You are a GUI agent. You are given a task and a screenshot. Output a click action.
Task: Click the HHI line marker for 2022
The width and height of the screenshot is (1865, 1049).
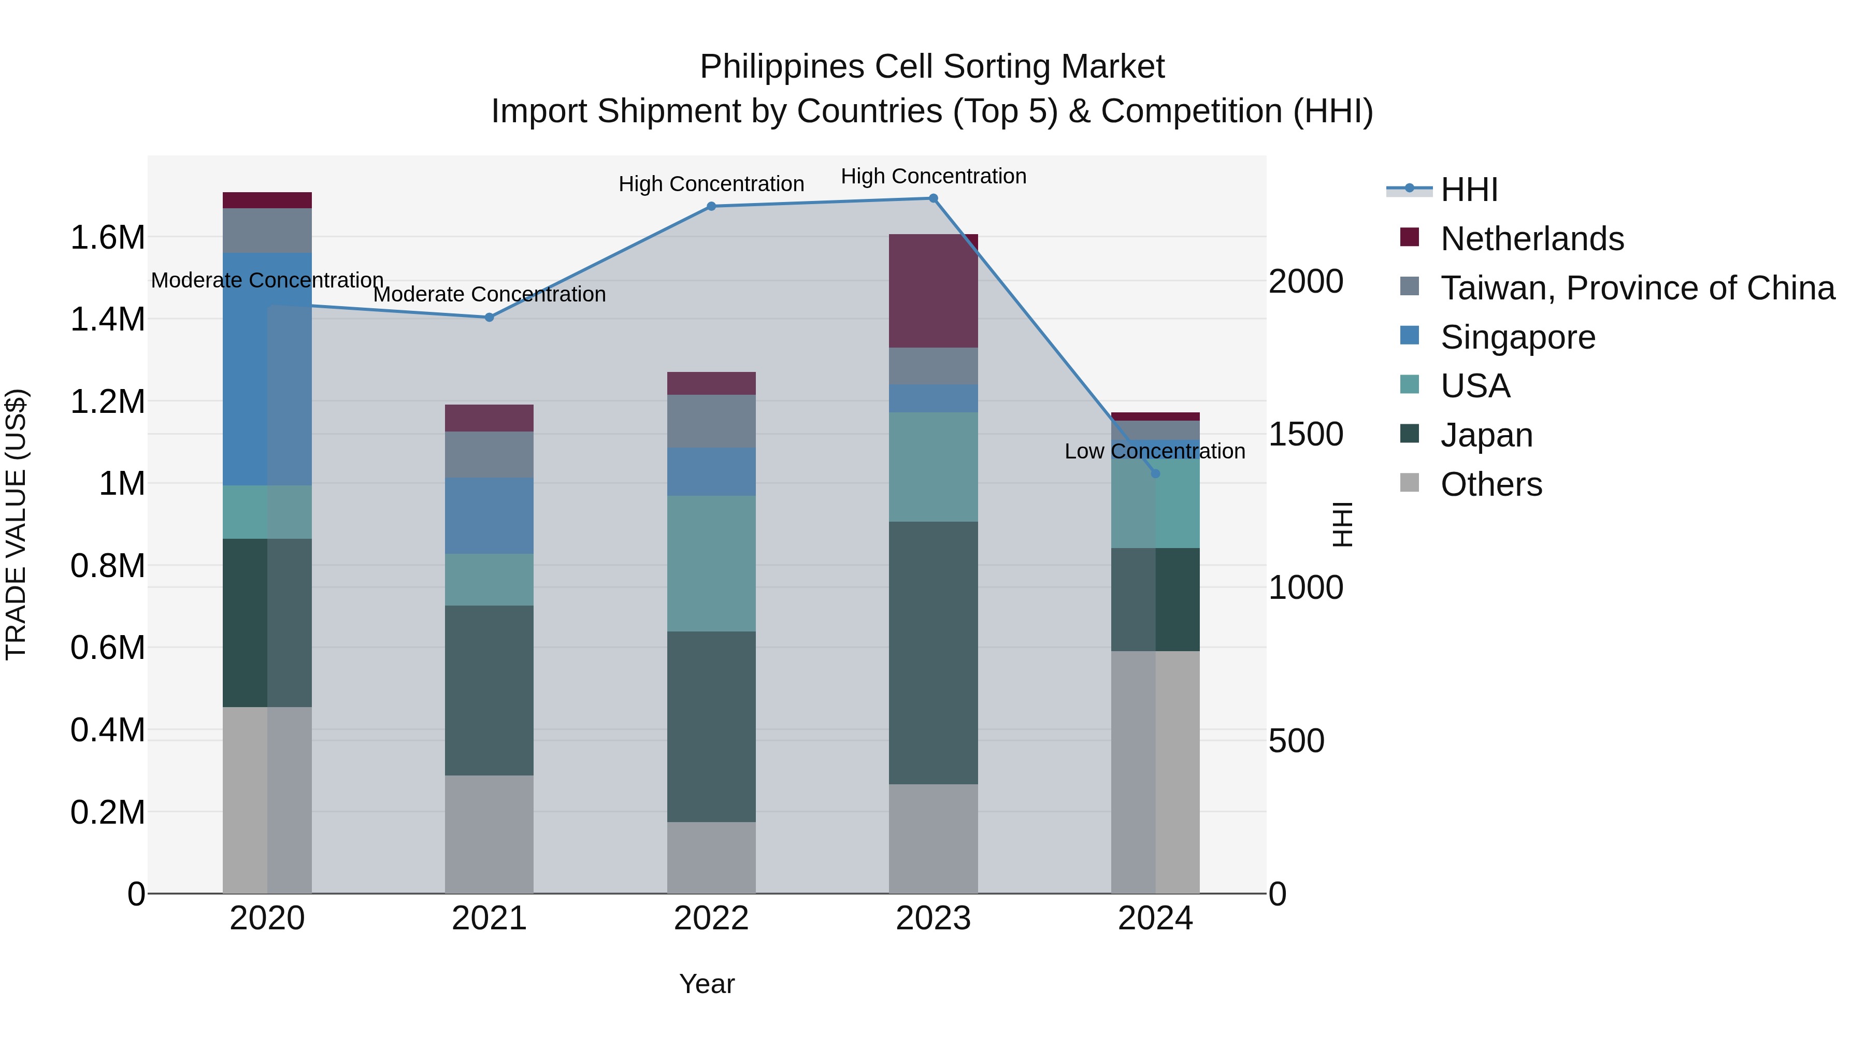[x=711, y=206]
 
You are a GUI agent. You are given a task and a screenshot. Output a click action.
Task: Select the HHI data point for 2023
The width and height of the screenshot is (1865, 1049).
[x=933, y=198]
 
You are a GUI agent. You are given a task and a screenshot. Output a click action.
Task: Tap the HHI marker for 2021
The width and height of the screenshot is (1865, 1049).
[x=490, y=317]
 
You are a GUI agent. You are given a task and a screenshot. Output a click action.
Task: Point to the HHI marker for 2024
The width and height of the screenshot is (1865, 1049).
[x=1155, y=473]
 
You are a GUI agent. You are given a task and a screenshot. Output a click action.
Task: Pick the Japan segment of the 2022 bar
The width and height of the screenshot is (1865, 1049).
[x=711, y=726]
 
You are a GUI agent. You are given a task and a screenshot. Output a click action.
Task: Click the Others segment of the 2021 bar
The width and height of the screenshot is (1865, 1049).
[x=490, y=834]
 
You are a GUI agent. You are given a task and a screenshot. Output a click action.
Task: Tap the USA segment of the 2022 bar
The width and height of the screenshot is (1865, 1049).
[x=711, y=563]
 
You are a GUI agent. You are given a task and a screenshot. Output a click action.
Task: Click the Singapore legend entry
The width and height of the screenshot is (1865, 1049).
[x=1517, y=337]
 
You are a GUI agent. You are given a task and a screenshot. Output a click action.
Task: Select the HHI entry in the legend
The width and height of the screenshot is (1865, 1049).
[x=1468, y=190]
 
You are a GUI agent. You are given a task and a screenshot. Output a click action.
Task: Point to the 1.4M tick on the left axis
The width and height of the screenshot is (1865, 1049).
[x=108, y=319]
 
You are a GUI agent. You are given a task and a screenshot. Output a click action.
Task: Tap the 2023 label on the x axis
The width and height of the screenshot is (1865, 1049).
[x=933, y=918]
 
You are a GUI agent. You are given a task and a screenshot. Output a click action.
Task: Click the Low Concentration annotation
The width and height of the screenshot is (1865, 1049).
[x=1155, y=451]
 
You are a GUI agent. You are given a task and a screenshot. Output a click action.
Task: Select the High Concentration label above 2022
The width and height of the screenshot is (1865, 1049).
[x=711, y=184]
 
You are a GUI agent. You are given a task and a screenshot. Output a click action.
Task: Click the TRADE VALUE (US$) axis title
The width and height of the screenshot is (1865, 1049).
[x=16, y=524]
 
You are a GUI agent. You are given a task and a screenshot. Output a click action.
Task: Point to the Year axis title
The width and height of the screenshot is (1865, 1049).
[x=707, y=984]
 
